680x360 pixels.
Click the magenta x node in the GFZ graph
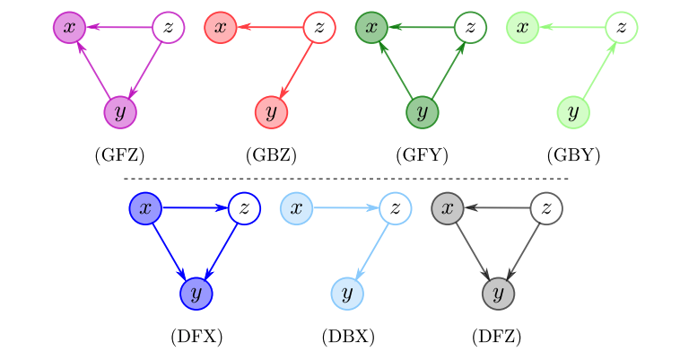click(69, 28)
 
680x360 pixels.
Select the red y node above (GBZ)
click(270, 112)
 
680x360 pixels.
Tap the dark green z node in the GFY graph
click(471, 28)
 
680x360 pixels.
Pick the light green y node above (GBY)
click(572, 112)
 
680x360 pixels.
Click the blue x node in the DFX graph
click(144, 208)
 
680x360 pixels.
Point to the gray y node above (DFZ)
click(498, 293)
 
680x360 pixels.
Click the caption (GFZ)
click(119, 155)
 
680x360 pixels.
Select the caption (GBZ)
click(270, 155)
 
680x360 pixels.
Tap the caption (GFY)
click(421, 155)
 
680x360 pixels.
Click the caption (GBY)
click(572, 155)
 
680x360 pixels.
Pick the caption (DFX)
click(196, 338)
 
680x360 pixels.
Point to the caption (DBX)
click(347, 338)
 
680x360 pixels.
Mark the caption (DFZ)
click(496, 338)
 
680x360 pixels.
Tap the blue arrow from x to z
click(194, 208)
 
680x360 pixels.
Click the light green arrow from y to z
click(597, 70)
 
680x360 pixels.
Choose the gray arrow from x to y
click(473, 250)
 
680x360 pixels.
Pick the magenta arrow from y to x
click(94, 70)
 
